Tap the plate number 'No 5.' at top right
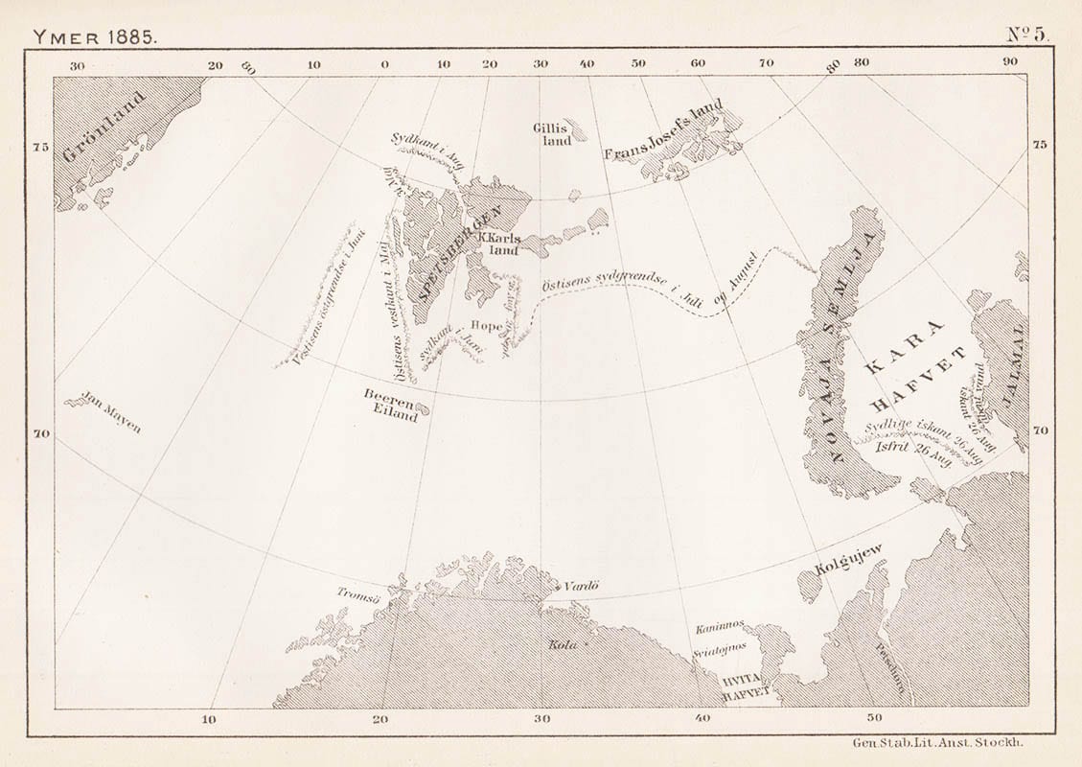click(x=1027, y=34)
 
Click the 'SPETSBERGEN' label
click(x=447, y=254)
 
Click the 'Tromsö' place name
click(x=359, y=593)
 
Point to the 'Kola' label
click(x=563, y=644)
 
